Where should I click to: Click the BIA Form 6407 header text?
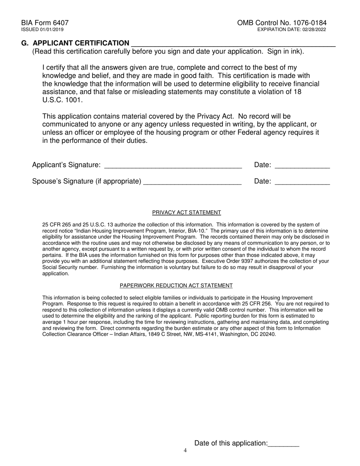[45, 23]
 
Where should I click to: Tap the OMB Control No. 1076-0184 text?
[282, 23]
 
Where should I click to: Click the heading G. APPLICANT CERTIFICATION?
[75, 43]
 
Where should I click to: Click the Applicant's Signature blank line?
[173, 166]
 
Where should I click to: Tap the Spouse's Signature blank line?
[193, 182]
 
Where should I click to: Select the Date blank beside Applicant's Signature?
[302, 166]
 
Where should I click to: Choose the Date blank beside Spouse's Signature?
[302, 182]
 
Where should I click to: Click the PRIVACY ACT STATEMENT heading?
[186, 213]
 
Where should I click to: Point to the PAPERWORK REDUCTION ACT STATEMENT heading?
[176, 286]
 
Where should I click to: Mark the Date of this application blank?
[283, 444]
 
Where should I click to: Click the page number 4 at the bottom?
[185, 451]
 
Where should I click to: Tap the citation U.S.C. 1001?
[62, 100]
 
